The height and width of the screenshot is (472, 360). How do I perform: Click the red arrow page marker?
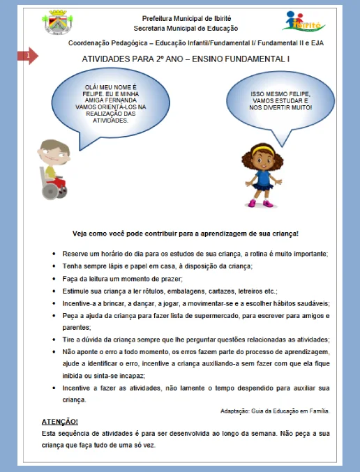click(29, 55)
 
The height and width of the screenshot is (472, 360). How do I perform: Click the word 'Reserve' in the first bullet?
click(74, 252)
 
